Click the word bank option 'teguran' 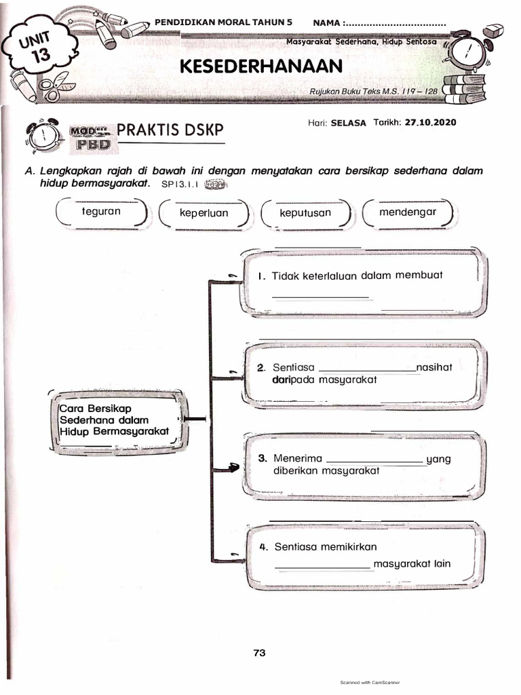(100, 212)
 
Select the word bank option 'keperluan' (204, 213)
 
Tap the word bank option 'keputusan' (305, 213)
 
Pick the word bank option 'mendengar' (408, 212)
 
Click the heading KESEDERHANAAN (261, 67)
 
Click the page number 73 (258, 653)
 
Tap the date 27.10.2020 (430, 123)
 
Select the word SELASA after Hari (348, 123)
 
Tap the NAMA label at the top (328, 22)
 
